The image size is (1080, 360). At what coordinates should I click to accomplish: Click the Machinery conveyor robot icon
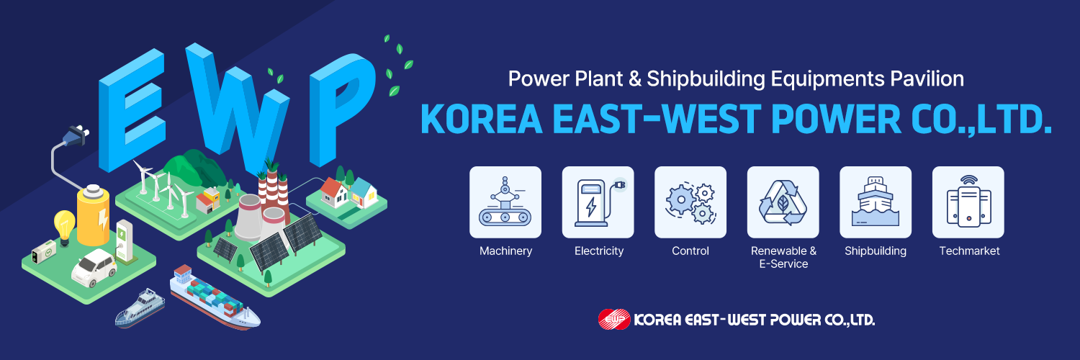(505, 202)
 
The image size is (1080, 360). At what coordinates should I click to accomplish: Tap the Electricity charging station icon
(598, 202)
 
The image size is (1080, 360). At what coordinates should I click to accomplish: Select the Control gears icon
(690, 202)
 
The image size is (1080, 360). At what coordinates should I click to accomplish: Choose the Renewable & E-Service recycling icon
(783, 202)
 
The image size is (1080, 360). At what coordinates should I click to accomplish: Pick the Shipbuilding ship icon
(876, 202)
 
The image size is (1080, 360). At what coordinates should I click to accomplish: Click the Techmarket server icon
(968, 202)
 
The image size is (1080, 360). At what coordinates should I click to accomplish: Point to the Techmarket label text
(969, 251)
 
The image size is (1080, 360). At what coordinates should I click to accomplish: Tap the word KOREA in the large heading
(482, 119)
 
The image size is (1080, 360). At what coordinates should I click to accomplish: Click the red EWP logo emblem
(613, 320)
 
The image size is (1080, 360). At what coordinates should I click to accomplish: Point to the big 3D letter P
(341, 109)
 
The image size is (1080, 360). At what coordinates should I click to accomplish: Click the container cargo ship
(214, 297)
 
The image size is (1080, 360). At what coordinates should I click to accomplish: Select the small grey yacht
(140, 308)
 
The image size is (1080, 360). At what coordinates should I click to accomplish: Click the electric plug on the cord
(76, 135)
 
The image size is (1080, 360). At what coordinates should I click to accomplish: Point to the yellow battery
(93, 216)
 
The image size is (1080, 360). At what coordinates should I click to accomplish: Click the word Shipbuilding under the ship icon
(876, 251)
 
